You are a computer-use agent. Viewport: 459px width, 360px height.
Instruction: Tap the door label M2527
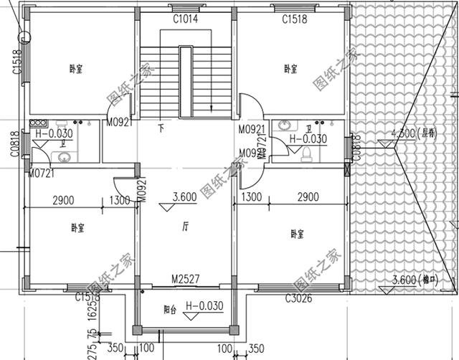click(185, 278)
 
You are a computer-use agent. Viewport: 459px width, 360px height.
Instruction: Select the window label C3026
click(299, 299)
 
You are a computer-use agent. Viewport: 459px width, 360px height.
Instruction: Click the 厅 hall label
click(185, 227)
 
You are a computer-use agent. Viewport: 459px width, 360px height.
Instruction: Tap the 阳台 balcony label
click(170, 311)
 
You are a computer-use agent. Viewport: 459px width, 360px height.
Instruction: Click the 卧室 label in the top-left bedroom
click(75, 70)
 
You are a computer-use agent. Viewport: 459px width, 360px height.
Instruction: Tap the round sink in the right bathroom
click(283, 124)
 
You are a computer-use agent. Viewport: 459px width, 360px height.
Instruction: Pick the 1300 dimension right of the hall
click(251, 196)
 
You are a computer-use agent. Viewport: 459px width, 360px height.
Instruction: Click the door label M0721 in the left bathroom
click(41, 173)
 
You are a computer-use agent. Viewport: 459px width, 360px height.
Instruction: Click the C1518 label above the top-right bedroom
click(294, 19)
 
